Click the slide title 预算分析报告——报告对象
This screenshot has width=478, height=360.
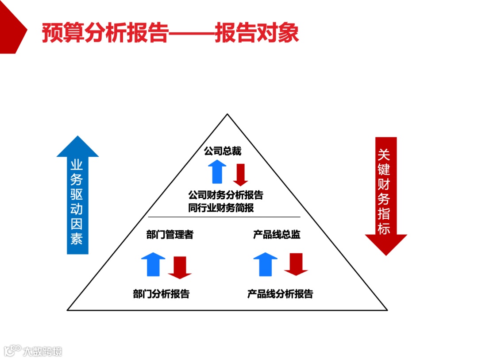point(170,34)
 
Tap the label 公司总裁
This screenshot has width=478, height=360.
point(223,151)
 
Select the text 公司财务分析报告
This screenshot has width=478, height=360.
point(226,195)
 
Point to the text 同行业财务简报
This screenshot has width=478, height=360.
point(221,208)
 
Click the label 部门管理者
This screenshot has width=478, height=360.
point(170,235)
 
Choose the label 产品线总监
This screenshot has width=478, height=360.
point(277,235)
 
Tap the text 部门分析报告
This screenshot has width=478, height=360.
point(161,294)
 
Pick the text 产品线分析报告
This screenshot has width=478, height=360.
point(280,294)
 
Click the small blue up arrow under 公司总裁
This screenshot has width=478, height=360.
point(217,172)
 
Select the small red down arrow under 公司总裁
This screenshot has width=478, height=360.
point(240,174)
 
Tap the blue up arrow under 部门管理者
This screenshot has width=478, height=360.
point(153,264)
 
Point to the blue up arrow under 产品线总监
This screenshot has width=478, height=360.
point(265,264)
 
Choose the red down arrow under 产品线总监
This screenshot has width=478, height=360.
point(296,264)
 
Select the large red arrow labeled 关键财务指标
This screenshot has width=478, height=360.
point(385,195)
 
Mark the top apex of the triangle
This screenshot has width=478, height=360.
point(227,115)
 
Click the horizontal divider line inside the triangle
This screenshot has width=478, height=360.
point(224,217)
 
